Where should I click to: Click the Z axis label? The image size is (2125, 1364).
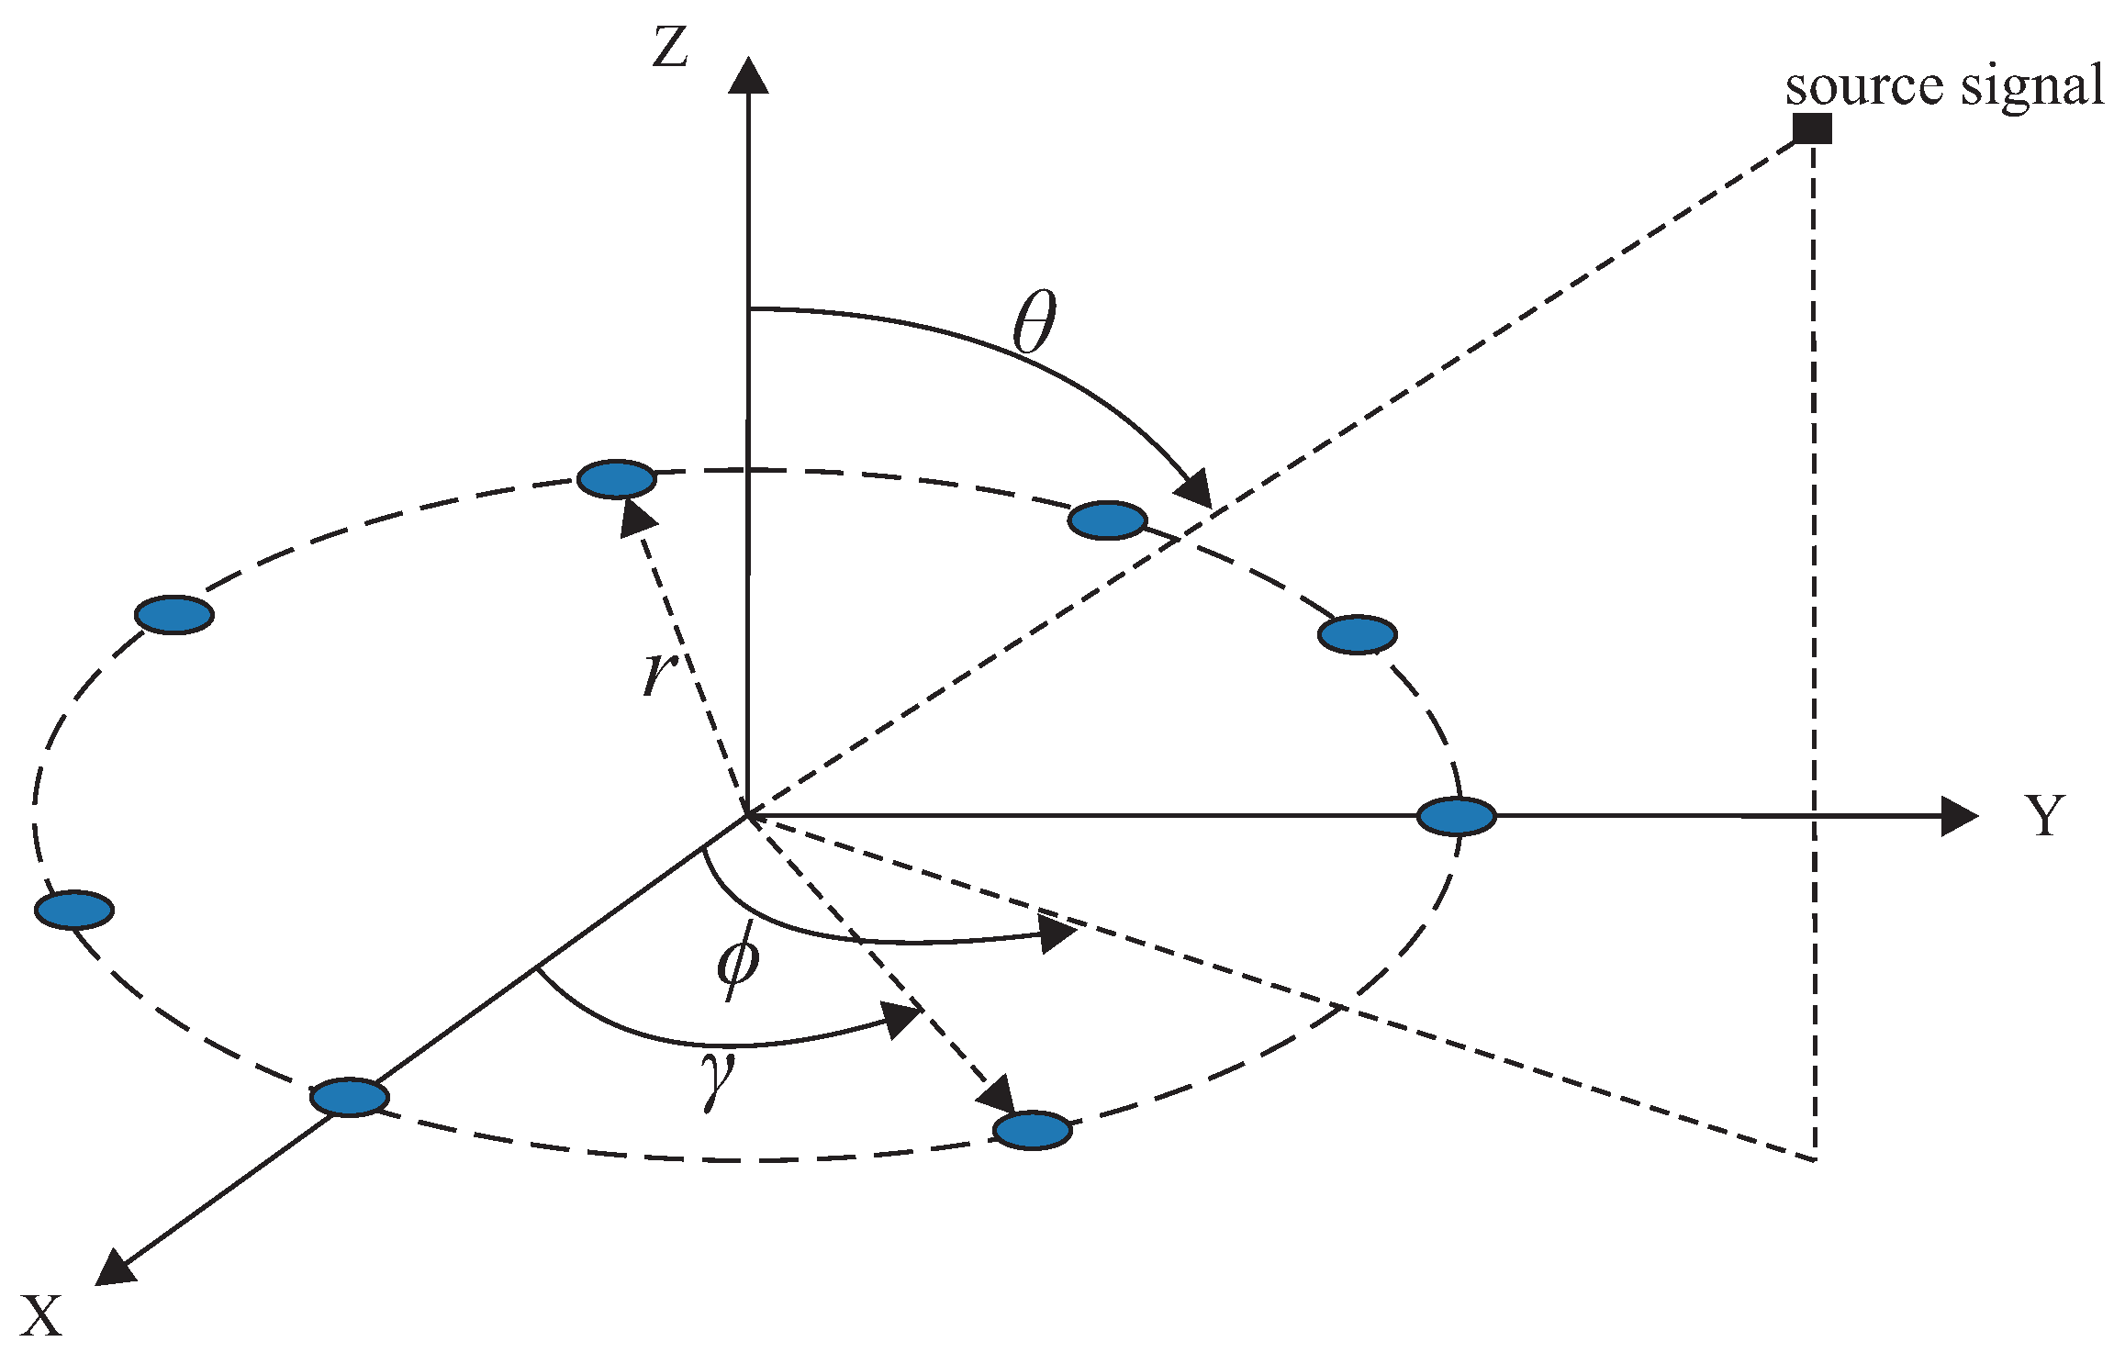(x=670, y=48)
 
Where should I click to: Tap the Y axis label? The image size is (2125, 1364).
(x=2045, y=815)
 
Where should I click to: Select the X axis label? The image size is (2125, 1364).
(x=41, y=1315)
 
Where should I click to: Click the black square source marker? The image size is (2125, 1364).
(x=1813, y=129)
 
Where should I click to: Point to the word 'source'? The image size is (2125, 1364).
(x=1863, y=87)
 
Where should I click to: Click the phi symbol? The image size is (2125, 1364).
(x=738, y=960)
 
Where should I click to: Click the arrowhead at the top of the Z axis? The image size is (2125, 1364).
(x=748, y=75)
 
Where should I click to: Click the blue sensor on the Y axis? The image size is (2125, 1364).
(x=1456, y=816)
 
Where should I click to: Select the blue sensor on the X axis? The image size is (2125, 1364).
(x=350, y=1097)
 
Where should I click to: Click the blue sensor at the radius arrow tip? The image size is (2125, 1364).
(x=617, y=478)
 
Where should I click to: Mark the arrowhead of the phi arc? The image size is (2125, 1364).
(x=1058, y=934)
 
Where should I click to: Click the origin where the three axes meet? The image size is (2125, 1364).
(x=748, y=814)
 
